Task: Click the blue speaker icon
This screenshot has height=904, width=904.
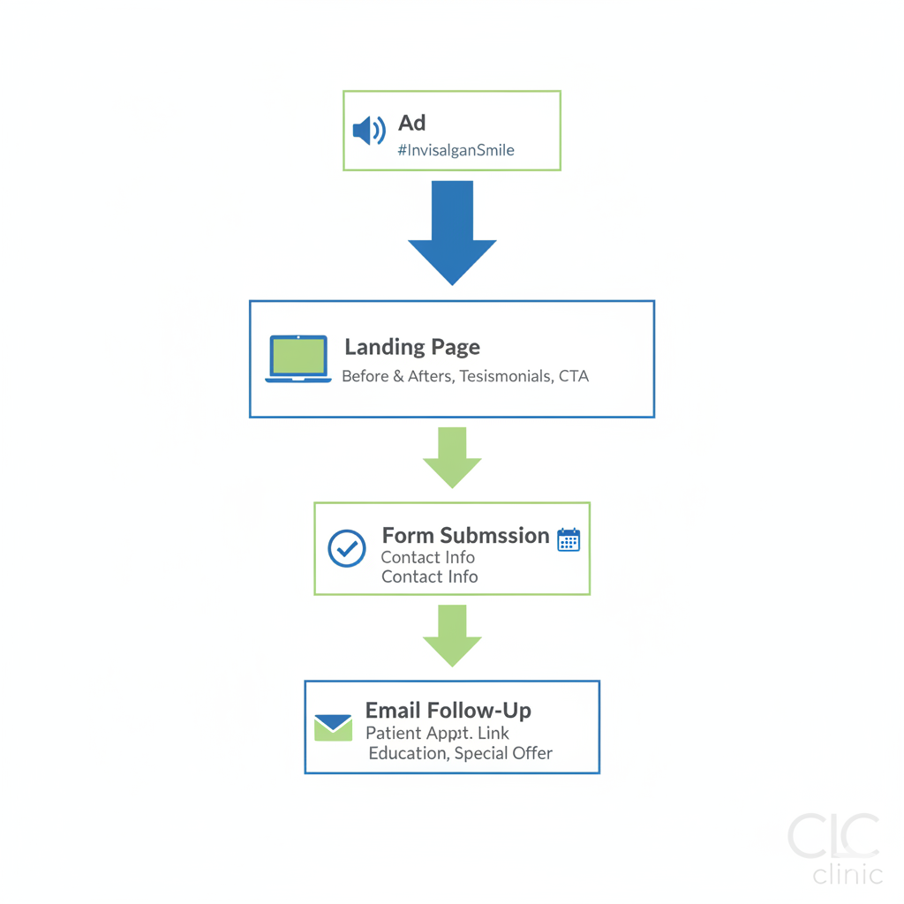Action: pyautogui.click(x=369, y=131)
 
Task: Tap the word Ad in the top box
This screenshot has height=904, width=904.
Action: pyautogui.click(x=411, y=123)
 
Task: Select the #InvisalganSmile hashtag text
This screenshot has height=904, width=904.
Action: pyautogui.click(x=456, y=150)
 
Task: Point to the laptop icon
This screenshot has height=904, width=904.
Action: pyautogui.click(x=298, y=358)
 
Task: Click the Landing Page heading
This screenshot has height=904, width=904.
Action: pyautogui.click(x=412, y=347)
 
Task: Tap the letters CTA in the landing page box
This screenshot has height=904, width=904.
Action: pyautogui.click(x=574, y=376)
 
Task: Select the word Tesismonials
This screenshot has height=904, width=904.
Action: pyautogui.click(x=507, y=376)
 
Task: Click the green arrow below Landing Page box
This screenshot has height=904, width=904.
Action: pyautogui.click(x=452, y=457)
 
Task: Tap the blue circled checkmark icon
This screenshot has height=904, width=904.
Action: pyautogui.click(x=347, y=548)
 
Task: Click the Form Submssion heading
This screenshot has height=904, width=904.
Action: pyautogui.click(x=465, y=536)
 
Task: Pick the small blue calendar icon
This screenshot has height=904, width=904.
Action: pyautogui.click(x=569, y=539)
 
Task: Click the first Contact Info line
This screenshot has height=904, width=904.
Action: pyautogui.click(x=427, y=558)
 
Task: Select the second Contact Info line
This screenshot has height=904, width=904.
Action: pyautogui.click(x=429, y=577)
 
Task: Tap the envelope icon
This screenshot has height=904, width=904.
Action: pyautogui.click(x=334, y=727)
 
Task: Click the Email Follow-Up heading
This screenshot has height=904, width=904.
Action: pyautogui.click(x=448, y=711)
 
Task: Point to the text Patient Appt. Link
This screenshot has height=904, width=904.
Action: pyautogui.click(x=437, y=733)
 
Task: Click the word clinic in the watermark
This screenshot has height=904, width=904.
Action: pyautogui.click(x=847, y=874)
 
